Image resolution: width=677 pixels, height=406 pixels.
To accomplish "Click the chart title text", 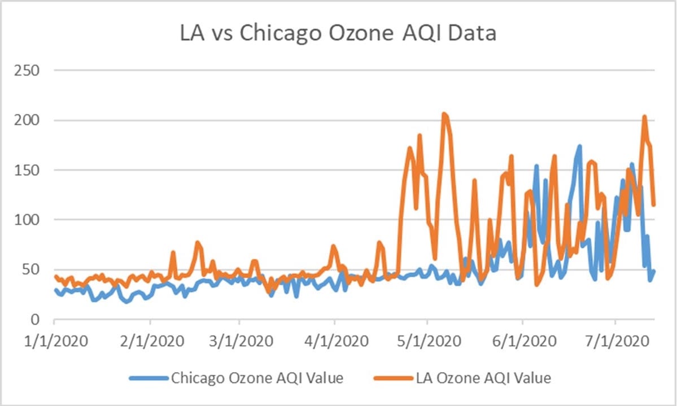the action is (x=338, y=33).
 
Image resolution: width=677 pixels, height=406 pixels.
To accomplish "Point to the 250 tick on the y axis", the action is (x=27, y=70).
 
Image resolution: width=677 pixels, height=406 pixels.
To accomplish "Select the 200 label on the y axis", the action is (x=27, y=120).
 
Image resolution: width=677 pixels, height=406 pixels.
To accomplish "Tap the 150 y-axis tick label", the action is (x=27, y=170).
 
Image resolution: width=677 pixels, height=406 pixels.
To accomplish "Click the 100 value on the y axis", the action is (x=27, y=220).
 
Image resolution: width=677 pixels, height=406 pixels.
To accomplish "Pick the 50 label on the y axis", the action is (x=31, y=269).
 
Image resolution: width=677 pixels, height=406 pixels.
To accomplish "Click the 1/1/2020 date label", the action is (x=56, y=341).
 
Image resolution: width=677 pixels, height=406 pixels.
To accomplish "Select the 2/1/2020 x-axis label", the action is (x=152, y=341).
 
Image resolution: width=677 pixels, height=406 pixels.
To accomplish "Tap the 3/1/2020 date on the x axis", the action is (x=241, y=341).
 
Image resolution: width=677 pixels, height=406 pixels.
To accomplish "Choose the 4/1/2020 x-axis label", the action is (x=337, y=341).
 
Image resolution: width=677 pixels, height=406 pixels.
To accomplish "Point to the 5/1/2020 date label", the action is (x=429, y=341).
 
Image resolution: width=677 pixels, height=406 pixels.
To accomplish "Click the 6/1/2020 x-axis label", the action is (x=524, y=341).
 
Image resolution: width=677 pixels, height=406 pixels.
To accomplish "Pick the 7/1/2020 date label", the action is (x=617, y=341).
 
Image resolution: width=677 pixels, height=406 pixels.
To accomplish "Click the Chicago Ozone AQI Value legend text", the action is (x=257, y=378).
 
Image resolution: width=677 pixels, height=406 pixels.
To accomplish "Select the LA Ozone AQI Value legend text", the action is (x=483, y=378).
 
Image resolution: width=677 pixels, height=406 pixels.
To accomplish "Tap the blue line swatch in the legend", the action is (x=148, y=378).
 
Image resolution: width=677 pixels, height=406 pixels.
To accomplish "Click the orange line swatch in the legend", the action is (x=394, y=378).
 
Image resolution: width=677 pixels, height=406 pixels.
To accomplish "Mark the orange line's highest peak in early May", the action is (x=444, y=114).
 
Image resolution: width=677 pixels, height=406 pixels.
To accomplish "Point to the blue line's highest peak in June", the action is (x=579, y=146).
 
